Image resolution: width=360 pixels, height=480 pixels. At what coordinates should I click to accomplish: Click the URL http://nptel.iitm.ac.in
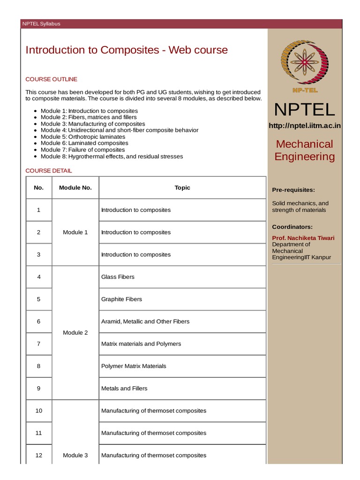click(305, 125)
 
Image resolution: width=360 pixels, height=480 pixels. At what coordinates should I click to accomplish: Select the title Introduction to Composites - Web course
click(127, 50)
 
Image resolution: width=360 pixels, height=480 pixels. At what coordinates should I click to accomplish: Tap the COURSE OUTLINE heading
click(51, 79)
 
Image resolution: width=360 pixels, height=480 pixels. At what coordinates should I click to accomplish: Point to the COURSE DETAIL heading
click(49, 171)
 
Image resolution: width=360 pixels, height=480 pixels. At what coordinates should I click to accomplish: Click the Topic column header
click(182, 187)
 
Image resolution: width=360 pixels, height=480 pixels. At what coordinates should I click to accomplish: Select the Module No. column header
click(75, 187)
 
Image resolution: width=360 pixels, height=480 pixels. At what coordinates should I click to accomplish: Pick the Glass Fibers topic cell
click(118, 277)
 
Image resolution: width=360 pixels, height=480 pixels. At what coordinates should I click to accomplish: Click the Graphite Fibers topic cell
click(121, 299)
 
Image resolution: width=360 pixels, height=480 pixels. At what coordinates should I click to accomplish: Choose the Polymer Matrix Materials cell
click(134, 366)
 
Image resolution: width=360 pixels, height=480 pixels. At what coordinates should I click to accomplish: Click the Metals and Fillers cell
click(124, 388)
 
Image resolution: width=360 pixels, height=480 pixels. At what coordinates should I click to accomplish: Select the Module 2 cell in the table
click(75, 333)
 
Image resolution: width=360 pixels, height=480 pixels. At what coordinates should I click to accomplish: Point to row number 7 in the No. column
click(39, 344)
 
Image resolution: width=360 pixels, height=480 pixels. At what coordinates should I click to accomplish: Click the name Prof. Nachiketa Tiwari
click(303, 238)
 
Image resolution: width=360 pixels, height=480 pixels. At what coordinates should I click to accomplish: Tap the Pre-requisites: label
click(293, 190)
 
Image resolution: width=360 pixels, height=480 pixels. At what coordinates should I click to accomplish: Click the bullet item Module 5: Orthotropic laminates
click(84, 136)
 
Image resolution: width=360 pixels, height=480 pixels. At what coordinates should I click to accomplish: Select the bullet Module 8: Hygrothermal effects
click(112, 156)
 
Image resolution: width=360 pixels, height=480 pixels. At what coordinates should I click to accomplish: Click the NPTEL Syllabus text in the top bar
click(41, 24)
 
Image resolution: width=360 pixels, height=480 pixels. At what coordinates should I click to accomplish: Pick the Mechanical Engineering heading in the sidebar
click(305, 150)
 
